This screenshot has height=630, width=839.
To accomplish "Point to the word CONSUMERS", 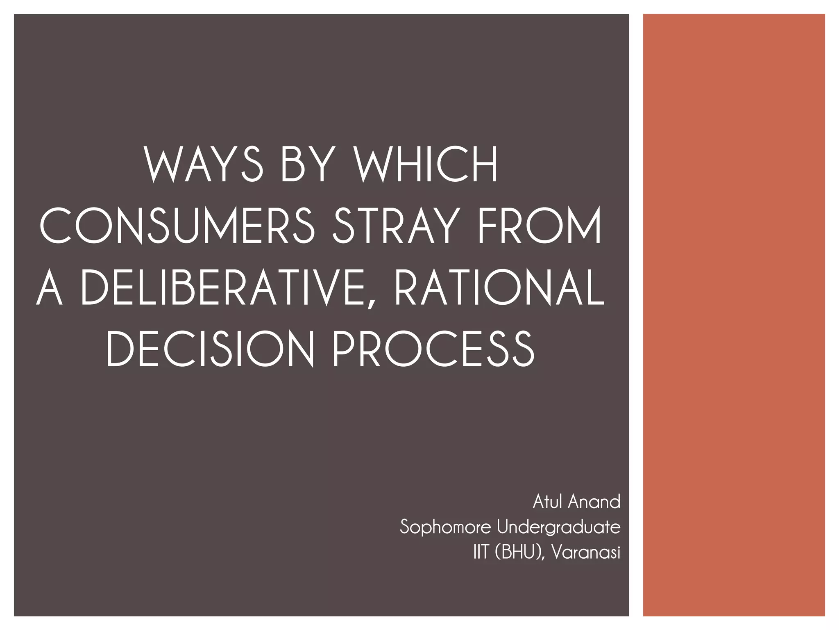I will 177,226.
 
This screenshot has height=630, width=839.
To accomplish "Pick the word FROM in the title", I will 540,226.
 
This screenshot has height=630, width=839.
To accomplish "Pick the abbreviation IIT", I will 481,552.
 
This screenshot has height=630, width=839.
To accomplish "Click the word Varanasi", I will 586,552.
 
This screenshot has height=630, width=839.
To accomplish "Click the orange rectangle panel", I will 734,315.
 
